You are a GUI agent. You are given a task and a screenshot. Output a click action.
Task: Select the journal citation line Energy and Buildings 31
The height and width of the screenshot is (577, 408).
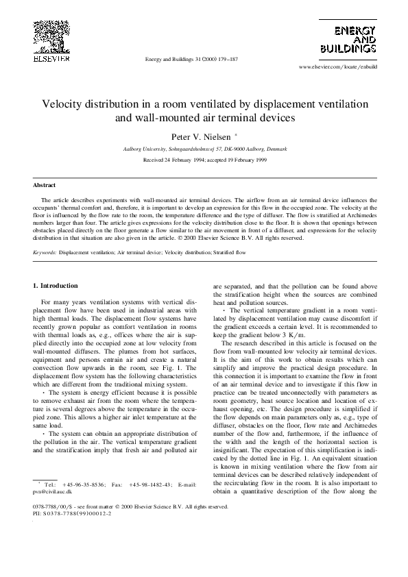191,60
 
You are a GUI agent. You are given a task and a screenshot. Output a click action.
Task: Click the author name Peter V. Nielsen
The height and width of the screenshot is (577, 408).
201,137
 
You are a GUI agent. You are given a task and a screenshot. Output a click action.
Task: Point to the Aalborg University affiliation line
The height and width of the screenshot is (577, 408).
204,149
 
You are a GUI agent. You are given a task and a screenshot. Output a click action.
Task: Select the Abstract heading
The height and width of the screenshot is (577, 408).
45,185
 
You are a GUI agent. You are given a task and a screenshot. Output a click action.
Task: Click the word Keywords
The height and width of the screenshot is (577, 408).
45,252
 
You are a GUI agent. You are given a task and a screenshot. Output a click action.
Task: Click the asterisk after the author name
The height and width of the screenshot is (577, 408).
236,135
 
